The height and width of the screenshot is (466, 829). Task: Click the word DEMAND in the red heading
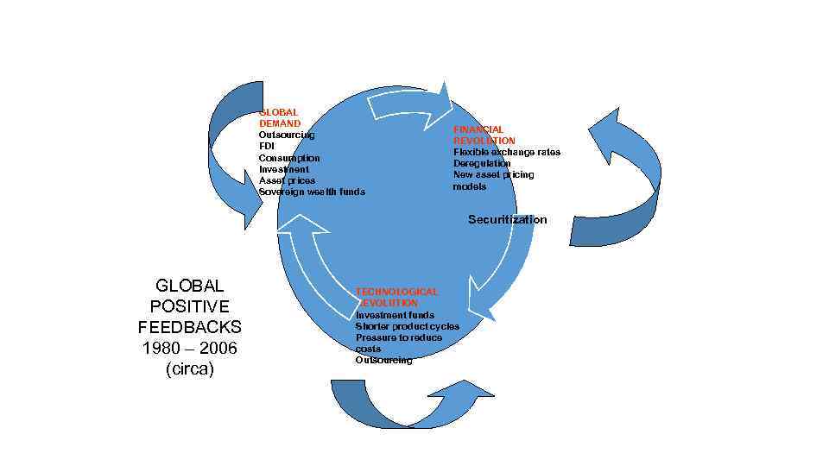[x=280, y=124]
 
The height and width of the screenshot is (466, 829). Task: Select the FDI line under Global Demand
[x=267, y=147]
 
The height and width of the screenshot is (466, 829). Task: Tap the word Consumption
[x=289, y=158]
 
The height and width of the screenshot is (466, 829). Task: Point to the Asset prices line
[x=287, y=180]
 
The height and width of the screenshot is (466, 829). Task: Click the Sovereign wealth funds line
[x=312, y=192]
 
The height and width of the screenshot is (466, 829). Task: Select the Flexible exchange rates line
[x=507, y=152]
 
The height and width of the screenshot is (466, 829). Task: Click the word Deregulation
[x=482, y=163]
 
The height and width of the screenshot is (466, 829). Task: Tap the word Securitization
[x=507, y=220]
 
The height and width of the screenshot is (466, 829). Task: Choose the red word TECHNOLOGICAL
[x=396, y=293]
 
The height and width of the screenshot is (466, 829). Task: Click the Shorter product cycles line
[x=408, y=326]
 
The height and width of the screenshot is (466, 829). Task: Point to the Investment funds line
[x=395, y=315]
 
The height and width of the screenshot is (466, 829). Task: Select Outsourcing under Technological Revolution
[x=383, y=360]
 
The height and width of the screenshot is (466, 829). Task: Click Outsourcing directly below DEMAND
[x=287, y=135]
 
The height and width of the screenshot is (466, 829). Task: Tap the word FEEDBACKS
[x=189, y=328]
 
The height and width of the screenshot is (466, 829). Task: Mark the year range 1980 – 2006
[x=189, y=349]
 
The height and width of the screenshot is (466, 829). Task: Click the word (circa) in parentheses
[x=189, y=369]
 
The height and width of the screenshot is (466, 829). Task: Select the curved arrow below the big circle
[x=406, y=406]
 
